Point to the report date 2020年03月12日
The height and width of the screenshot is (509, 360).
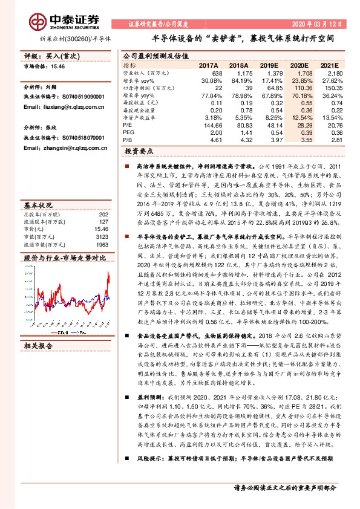[326, 24]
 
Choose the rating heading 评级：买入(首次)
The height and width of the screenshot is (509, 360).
[52, 55]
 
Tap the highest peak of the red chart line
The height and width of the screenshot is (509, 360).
[108, 274]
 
